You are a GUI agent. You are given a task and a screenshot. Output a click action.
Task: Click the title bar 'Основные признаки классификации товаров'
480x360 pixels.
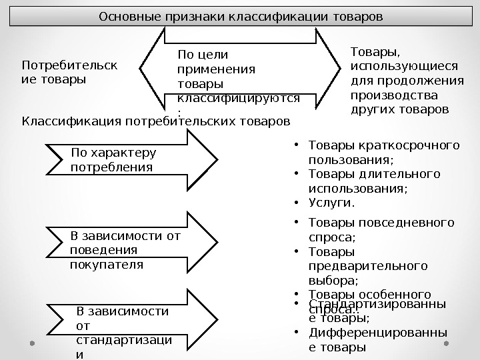pyautogui.click(x=240, y=15)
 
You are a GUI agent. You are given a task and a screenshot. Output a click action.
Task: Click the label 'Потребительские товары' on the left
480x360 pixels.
pyautogui.click(x=69, y=73)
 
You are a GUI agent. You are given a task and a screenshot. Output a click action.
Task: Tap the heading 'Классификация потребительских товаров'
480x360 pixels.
pyautogui.click(x=156, y=121)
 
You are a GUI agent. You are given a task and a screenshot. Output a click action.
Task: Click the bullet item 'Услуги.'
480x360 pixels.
pyautogui.click(x=332, y=203)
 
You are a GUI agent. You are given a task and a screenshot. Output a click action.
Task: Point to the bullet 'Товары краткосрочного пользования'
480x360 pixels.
pyautogui.click(x=384, y=152)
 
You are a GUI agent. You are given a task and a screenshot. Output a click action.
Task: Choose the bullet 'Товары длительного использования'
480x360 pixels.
pyautogui.click(x=375, y=181)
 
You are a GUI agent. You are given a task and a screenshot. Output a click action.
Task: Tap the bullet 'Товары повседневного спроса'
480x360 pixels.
pyautogui.click(x=381, y=229)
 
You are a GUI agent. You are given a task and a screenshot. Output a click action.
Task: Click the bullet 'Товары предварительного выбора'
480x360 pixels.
pyautogui.click(x=368, y=266)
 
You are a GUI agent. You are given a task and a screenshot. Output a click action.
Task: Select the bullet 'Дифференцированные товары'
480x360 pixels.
pyautogui.click(x=377, y=340)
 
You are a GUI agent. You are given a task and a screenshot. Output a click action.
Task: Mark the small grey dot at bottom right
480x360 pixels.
pyautogui.click(x=448, y=344)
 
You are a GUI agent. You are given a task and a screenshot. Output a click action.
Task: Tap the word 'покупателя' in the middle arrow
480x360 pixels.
pyautogui.click(x=107, y=264)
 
